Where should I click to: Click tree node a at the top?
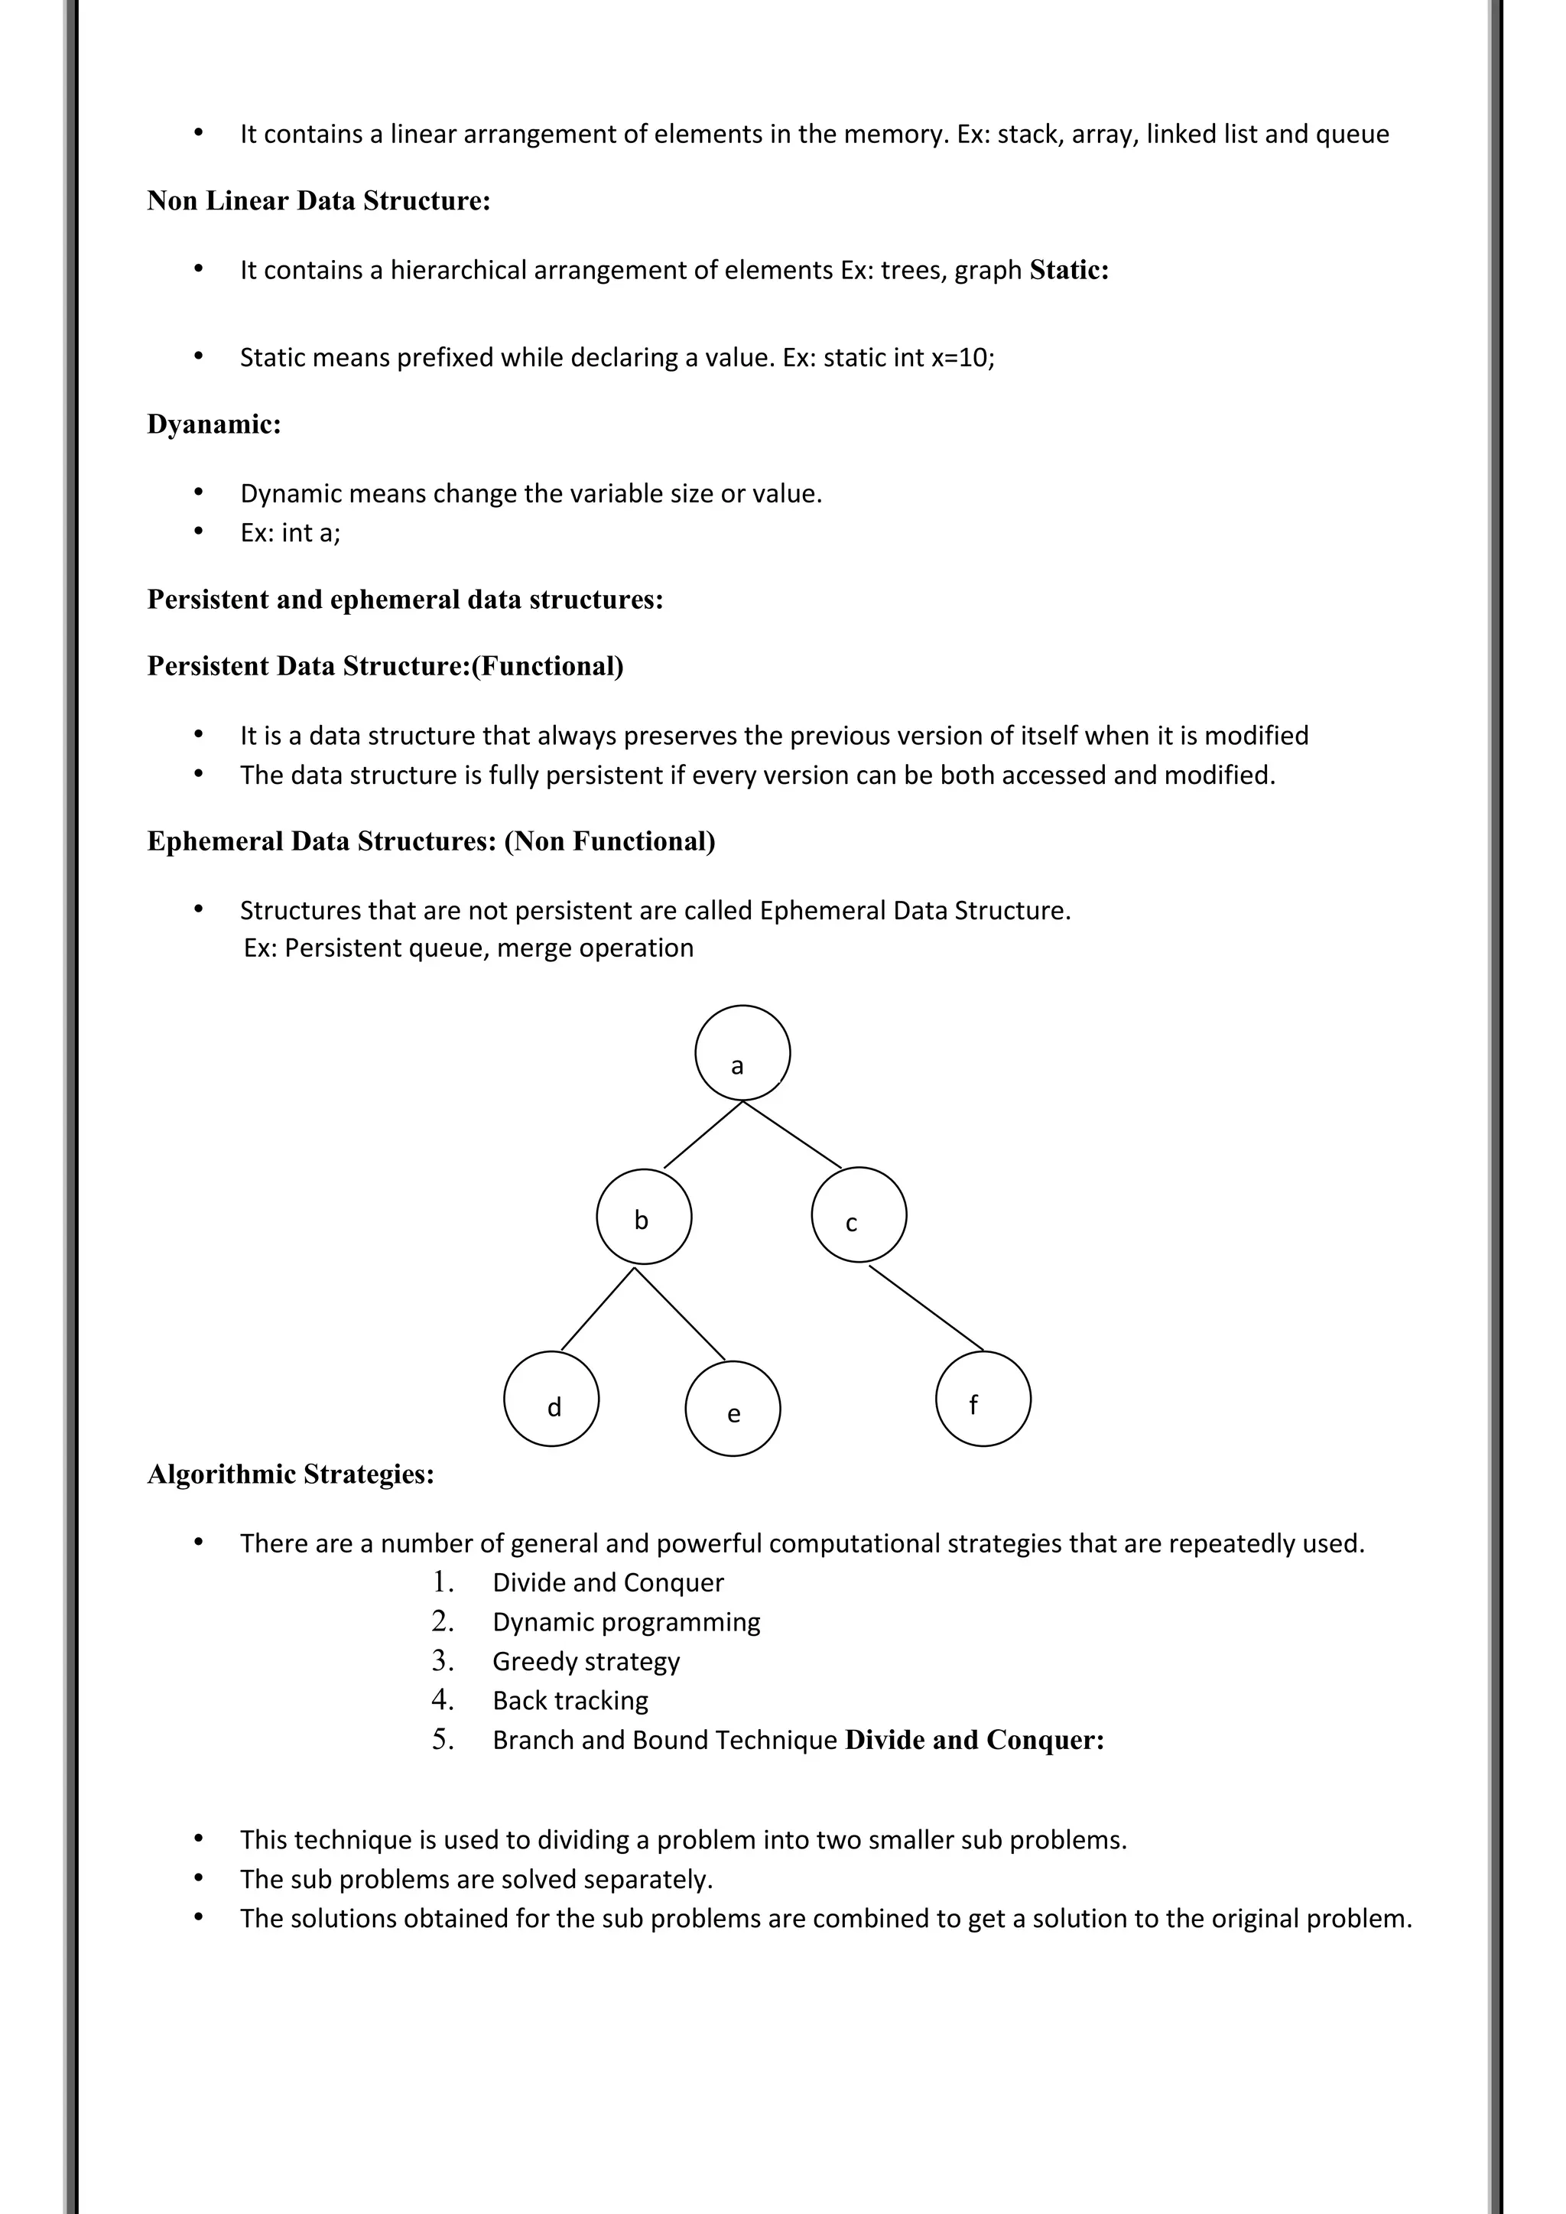tap(742, 1052)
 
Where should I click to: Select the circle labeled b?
tap(643, 1216)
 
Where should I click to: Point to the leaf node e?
tap(732, 1408)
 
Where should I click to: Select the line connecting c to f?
tap(926, 1308)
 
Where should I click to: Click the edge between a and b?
tap(703, 1134)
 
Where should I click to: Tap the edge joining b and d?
tap(597, 1308)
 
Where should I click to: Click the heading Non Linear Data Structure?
tap(318, 200)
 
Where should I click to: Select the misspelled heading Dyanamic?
tap(214, 424)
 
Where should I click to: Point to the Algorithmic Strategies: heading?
tap(291, 1474)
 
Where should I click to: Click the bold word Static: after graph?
tap(1068, 270)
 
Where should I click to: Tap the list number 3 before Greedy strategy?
tap(442, 1660)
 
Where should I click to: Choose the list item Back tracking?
tap(570, 1700)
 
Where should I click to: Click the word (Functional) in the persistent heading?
tap(547, 666)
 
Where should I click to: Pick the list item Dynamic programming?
tap(625, 1622)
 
